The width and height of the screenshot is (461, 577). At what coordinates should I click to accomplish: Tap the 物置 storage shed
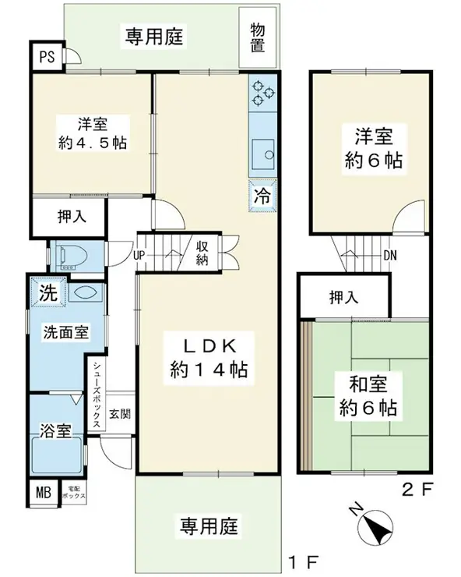(x=258, y=36)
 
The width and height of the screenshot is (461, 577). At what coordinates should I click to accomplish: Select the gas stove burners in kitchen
(x=262, y=94)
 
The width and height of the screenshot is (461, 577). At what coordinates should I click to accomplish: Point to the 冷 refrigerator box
(x=262, y=194)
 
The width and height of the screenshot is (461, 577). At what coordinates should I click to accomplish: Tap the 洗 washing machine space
(x=48, y=295)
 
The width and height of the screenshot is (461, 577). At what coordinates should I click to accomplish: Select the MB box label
(x=41, y=492)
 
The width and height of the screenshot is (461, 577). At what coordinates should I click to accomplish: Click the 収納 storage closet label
(x=201, y=253)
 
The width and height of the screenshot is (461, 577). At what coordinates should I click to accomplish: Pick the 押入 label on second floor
(x=343, y=297)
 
